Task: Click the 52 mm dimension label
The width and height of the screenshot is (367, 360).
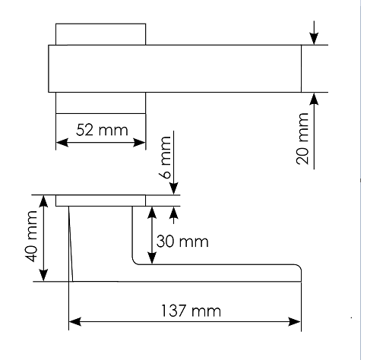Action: [x=102, y=130]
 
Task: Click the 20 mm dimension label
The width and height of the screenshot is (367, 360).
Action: [x=302, y=139]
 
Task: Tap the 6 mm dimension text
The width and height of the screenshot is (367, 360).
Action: [x=166, y=158]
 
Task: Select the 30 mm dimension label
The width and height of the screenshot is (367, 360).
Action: [x=182, y=242]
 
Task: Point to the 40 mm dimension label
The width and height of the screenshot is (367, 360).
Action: [x=32, y=236]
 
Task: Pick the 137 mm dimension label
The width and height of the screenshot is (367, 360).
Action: [x=191, y=311]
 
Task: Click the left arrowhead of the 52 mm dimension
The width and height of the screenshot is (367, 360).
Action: [x=62, y=143]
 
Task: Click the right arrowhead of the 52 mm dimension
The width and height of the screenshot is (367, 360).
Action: [x=140, y=143]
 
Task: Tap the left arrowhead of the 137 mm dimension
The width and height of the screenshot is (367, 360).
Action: [x=75, y=322]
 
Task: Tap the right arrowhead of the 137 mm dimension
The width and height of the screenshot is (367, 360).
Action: [x=295, y=322]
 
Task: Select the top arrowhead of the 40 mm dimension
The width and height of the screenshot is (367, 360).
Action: [x=44, y=201]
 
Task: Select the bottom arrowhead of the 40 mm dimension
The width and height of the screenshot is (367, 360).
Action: [x=44, y=275]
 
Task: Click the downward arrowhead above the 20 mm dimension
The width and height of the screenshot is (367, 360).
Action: [x=314, y=39]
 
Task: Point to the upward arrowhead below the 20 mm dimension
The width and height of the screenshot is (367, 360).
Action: [x=314, y=99]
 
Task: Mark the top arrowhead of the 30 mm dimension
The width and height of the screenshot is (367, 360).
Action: [x=152, y=213]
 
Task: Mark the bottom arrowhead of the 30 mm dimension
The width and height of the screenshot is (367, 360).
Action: [x=152, y=258]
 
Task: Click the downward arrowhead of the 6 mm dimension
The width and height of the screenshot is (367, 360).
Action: [x=174, y=188]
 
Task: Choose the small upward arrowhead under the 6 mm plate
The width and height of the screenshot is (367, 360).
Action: [x=174, y=213]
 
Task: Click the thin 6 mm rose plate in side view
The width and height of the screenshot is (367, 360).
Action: [x=101, y=201]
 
